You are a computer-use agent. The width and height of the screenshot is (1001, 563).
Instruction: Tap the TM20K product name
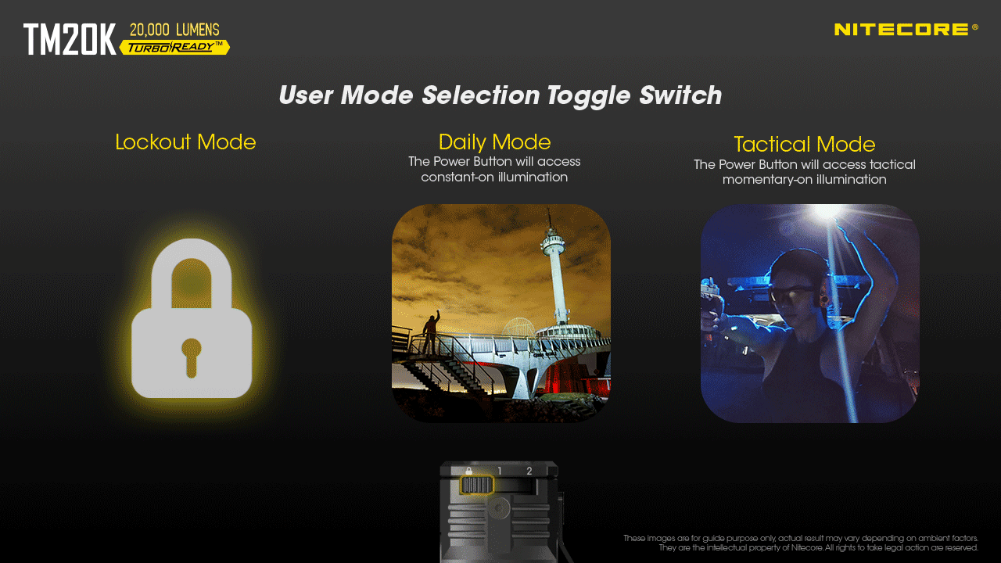tap(70, 39)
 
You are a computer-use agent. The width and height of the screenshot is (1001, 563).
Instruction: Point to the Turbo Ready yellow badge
tap(175, 48)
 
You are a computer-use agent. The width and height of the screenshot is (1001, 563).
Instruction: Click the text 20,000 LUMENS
tap(174, 30)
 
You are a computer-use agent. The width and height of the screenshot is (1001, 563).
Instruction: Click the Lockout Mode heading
tap(185, 142)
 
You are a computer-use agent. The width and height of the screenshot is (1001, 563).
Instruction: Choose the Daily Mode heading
tap(494, 142)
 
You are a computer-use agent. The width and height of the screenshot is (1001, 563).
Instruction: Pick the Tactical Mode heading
tap(804, 145)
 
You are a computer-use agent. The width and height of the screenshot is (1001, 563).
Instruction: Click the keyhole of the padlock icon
tap(191, 355)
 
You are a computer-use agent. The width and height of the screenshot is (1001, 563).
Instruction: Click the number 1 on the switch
tap(500, 471)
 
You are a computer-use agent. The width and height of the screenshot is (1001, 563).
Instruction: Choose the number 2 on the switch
tap(529, 471)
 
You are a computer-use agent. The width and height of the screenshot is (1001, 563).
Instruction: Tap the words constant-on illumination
tap(494, 178)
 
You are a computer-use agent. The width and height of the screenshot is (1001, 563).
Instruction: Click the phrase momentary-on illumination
tap(804, 180)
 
